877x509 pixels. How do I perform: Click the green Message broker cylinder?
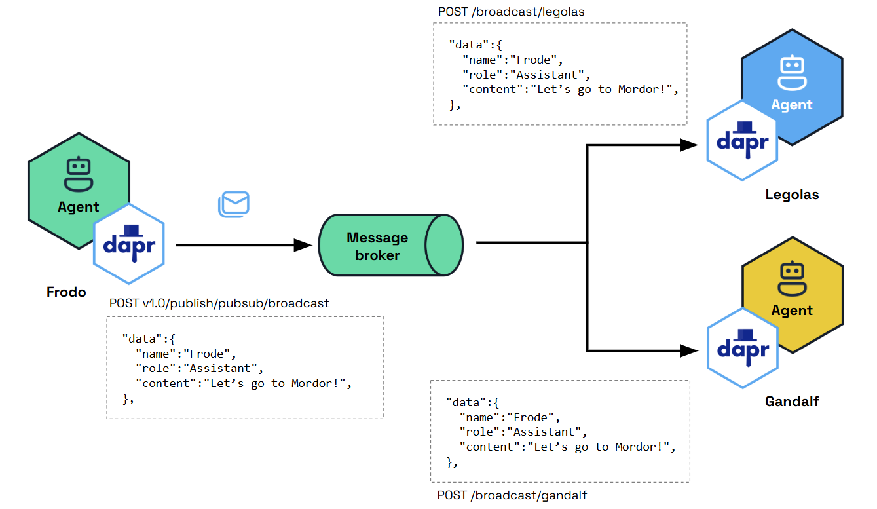390,246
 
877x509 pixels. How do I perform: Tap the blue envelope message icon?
234,204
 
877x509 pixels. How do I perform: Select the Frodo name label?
66,292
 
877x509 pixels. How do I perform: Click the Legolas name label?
792,195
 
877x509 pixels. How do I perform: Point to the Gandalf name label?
792,401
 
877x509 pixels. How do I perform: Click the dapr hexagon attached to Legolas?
743,141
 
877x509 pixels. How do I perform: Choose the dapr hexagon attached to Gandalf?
743,349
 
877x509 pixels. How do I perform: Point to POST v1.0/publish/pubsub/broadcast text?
219,303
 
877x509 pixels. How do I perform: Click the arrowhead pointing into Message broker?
303,246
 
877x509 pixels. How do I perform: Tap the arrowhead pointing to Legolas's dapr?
689,145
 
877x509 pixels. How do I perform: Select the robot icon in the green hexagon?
79,174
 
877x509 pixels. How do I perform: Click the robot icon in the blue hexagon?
792,72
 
